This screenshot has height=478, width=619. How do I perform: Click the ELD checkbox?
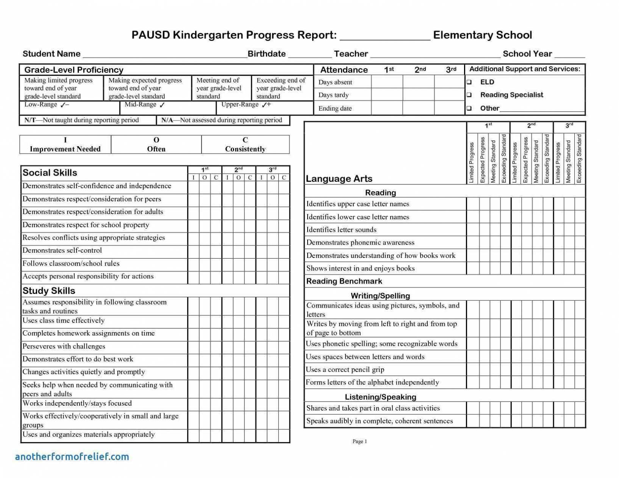pos(469,82)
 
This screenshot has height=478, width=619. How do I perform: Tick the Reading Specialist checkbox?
pos(469,95)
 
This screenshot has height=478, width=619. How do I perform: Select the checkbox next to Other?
pos(469,108)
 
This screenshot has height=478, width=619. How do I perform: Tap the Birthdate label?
pos(266,54)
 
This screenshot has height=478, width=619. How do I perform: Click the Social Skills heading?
pos(50,173)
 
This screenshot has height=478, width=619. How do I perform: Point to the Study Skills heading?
pos(49,291)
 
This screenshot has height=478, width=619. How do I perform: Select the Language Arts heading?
pos(339,179)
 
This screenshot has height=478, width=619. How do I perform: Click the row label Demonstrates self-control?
pos(62,250)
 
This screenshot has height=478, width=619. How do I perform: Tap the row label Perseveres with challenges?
pos(64,346)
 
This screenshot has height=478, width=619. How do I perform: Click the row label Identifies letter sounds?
pos(341,230)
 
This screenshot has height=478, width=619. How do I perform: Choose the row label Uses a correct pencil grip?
pos(345,369)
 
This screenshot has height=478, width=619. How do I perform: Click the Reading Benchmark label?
pos(344,281)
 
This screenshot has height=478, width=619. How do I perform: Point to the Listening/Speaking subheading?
pos(380,397)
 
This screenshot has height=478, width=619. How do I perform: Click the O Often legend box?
pos(156,145)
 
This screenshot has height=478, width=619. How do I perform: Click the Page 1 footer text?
pos(360,441)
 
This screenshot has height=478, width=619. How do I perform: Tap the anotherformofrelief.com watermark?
pos(72,457)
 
